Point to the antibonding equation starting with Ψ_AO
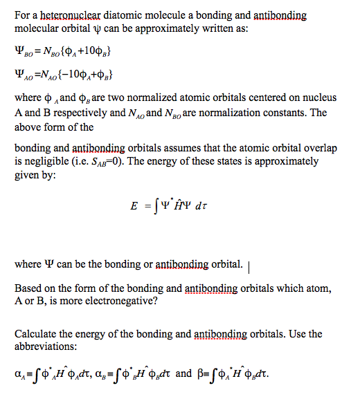(x=63, y=74)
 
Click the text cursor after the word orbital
(x=248, y=264)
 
